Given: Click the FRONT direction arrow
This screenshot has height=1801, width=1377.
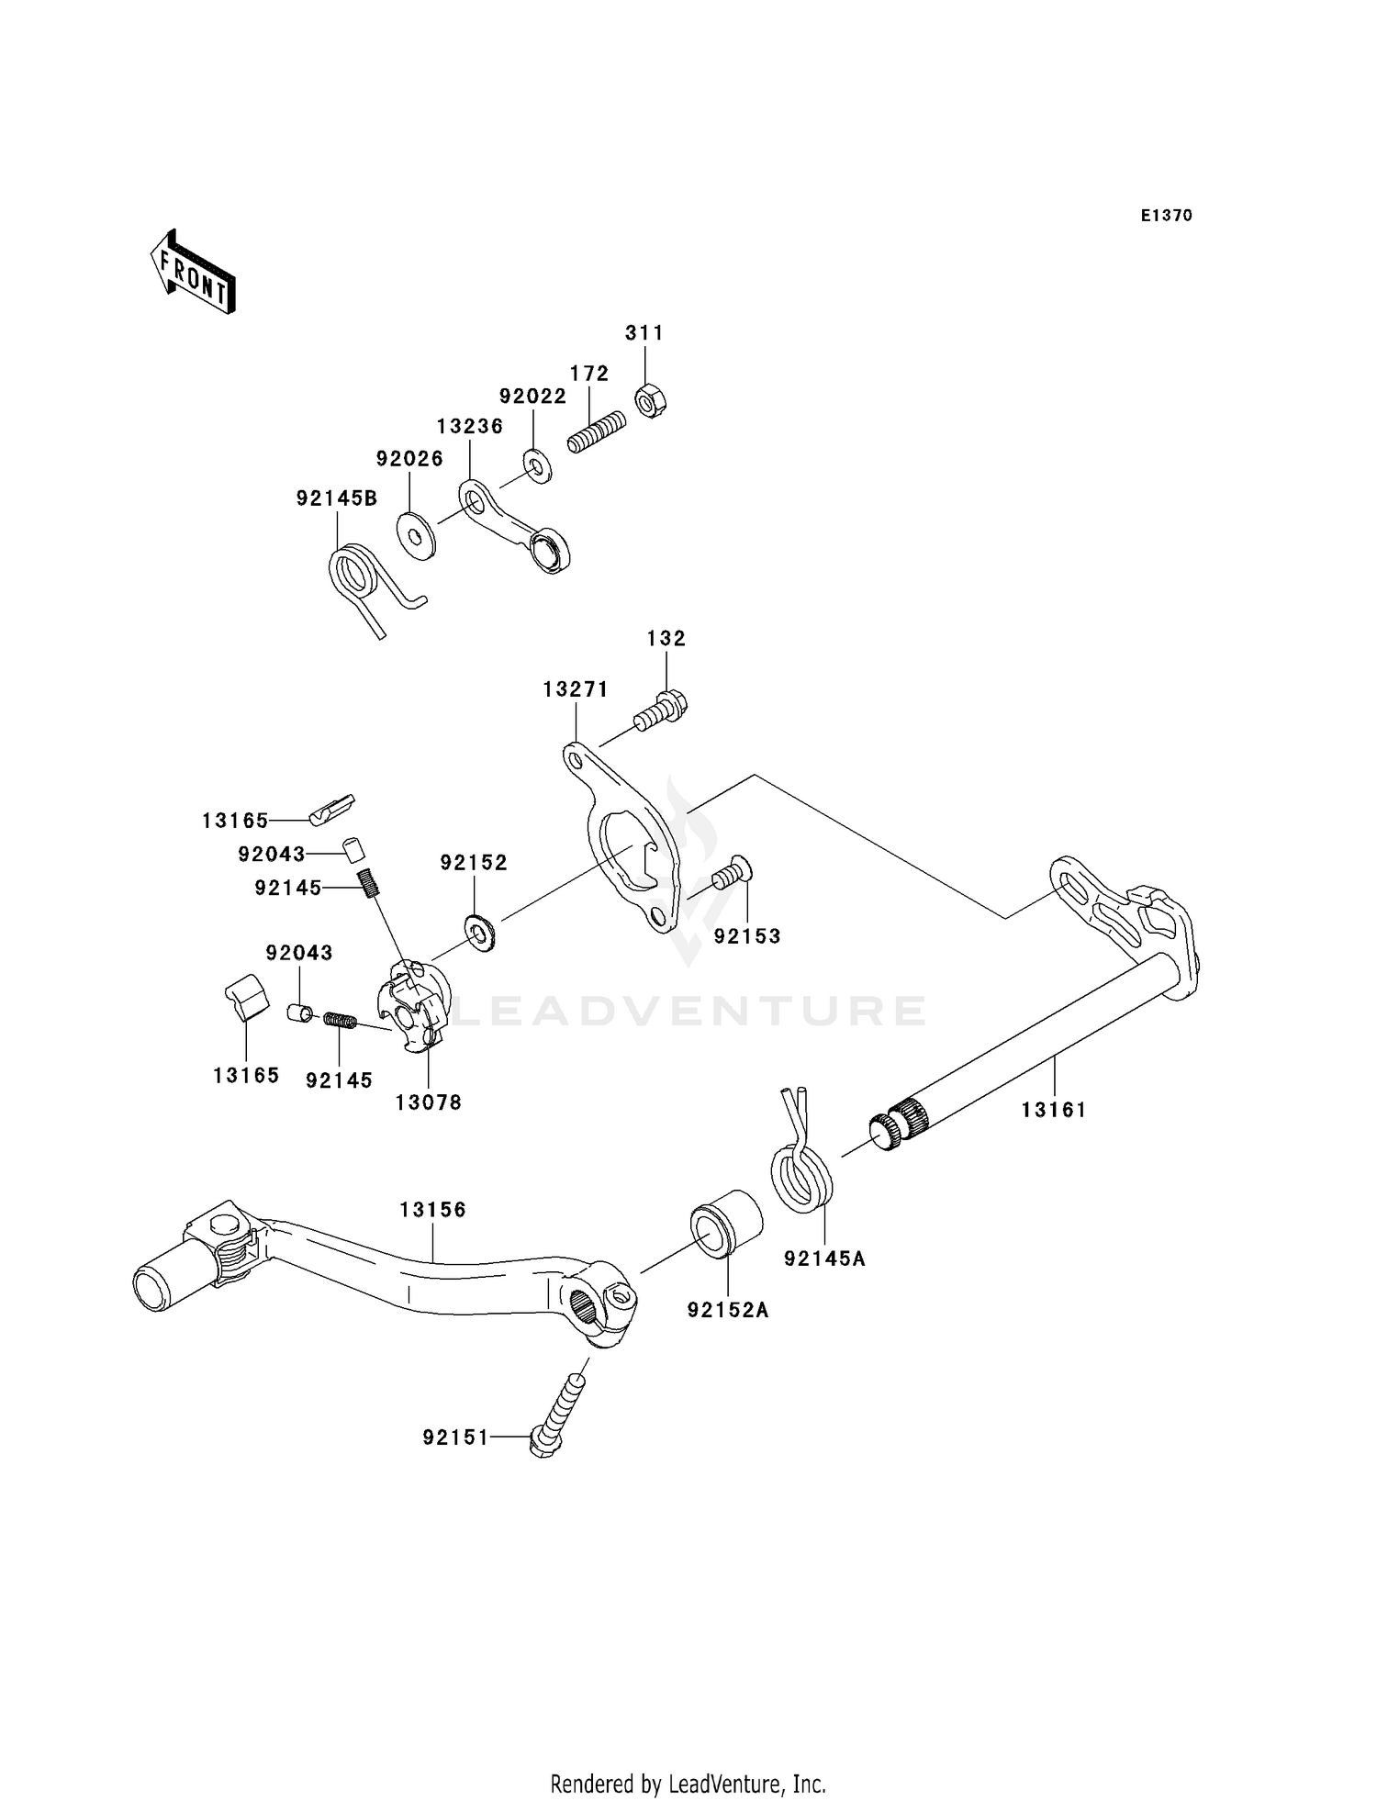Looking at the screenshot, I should [194, 273].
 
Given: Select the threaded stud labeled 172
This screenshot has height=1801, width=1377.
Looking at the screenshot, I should [597, 431].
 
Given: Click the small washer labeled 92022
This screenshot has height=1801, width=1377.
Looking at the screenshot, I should [537, 465].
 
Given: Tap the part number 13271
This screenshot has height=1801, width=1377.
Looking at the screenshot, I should [576, 689].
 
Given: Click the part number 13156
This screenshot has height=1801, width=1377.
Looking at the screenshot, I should [432, 1210].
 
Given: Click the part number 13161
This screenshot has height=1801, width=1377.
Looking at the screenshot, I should [1053, 1110].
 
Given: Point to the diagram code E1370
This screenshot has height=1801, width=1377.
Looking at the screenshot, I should [1167, 216].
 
